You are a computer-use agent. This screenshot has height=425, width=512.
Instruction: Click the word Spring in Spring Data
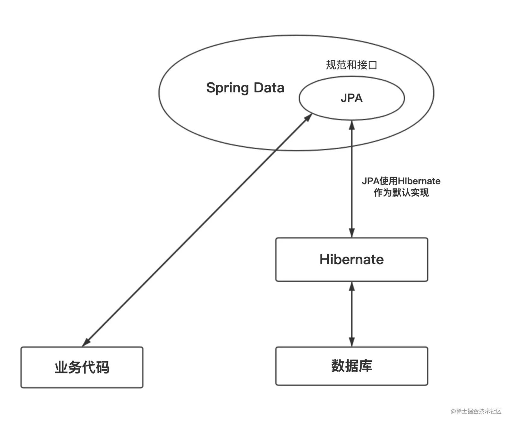[227, 88]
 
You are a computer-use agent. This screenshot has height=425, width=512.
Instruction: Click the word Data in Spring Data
[269, 88]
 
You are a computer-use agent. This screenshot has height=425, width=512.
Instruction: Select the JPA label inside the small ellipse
[351, 98]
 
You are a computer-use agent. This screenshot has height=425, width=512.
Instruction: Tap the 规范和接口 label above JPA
[351, 65]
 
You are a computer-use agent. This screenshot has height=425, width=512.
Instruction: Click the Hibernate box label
[351, 259]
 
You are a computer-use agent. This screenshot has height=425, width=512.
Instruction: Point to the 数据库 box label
[351, 366]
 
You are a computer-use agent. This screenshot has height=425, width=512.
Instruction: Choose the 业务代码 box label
[82, 367]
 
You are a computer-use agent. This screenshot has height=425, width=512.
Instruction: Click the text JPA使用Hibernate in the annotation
[401, 181]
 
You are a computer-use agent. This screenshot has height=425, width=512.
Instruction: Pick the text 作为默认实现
[401, 192]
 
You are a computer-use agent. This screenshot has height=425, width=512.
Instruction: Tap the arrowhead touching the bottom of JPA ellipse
[352, 125]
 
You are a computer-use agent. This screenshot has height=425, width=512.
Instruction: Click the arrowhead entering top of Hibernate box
[352, 233]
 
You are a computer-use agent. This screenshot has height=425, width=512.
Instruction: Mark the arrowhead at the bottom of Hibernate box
[352, 286]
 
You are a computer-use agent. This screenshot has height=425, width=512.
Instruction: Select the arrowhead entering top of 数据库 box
[352, 342]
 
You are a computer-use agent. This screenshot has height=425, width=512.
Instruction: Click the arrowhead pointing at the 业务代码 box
[86, 342]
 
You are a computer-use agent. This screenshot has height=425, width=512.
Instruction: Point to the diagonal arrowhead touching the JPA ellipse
[308, 118]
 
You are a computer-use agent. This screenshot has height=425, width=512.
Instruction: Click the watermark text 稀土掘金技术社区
[479, 411]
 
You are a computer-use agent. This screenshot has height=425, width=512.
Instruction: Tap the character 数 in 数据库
[338, 366]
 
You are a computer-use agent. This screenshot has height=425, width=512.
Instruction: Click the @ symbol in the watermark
[453, 411]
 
